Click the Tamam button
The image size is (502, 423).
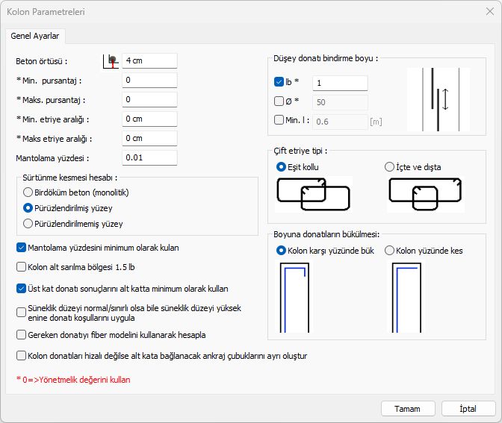(x=408, y=409)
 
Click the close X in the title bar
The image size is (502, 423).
(x=490, y=11)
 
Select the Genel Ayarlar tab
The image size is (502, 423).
(x=35, y=36)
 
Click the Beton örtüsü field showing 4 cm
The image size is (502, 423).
(x=149, y=60)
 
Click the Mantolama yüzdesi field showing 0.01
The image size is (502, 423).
(x=149, y=157)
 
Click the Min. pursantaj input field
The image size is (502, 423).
(x=149, y=81)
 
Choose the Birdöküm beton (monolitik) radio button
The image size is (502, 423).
(x=28, y=192)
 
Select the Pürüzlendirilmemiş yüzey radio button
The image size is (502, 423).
(x=28, y=224)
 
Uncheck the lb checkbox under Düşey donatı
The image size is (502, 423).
(x=279, y=82)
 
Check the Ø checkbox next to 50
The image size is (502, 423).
(x=279, y=101)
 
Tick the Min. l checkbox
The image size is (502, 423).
(x=279, y=120)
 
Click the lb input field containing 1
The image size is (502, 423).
(x=340, y=83)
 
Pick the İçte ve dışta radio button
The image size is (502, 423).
(x=389, y=167)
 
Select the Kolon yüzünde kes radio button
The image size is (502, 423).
(x=389, y=251)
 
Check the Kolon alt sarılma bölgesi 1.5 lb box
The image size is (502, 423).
(x=21, y=267)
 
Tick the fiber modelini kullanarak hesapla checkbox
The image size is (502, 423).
(x=21, y=335)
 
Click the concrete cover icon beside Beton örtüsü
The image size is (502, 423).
(x=111, y=61)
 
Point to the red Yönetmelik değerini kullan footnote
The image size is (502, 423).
(x=73, y=380)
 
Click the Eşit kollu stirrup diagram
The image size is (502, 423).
(x=314, y=195)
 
